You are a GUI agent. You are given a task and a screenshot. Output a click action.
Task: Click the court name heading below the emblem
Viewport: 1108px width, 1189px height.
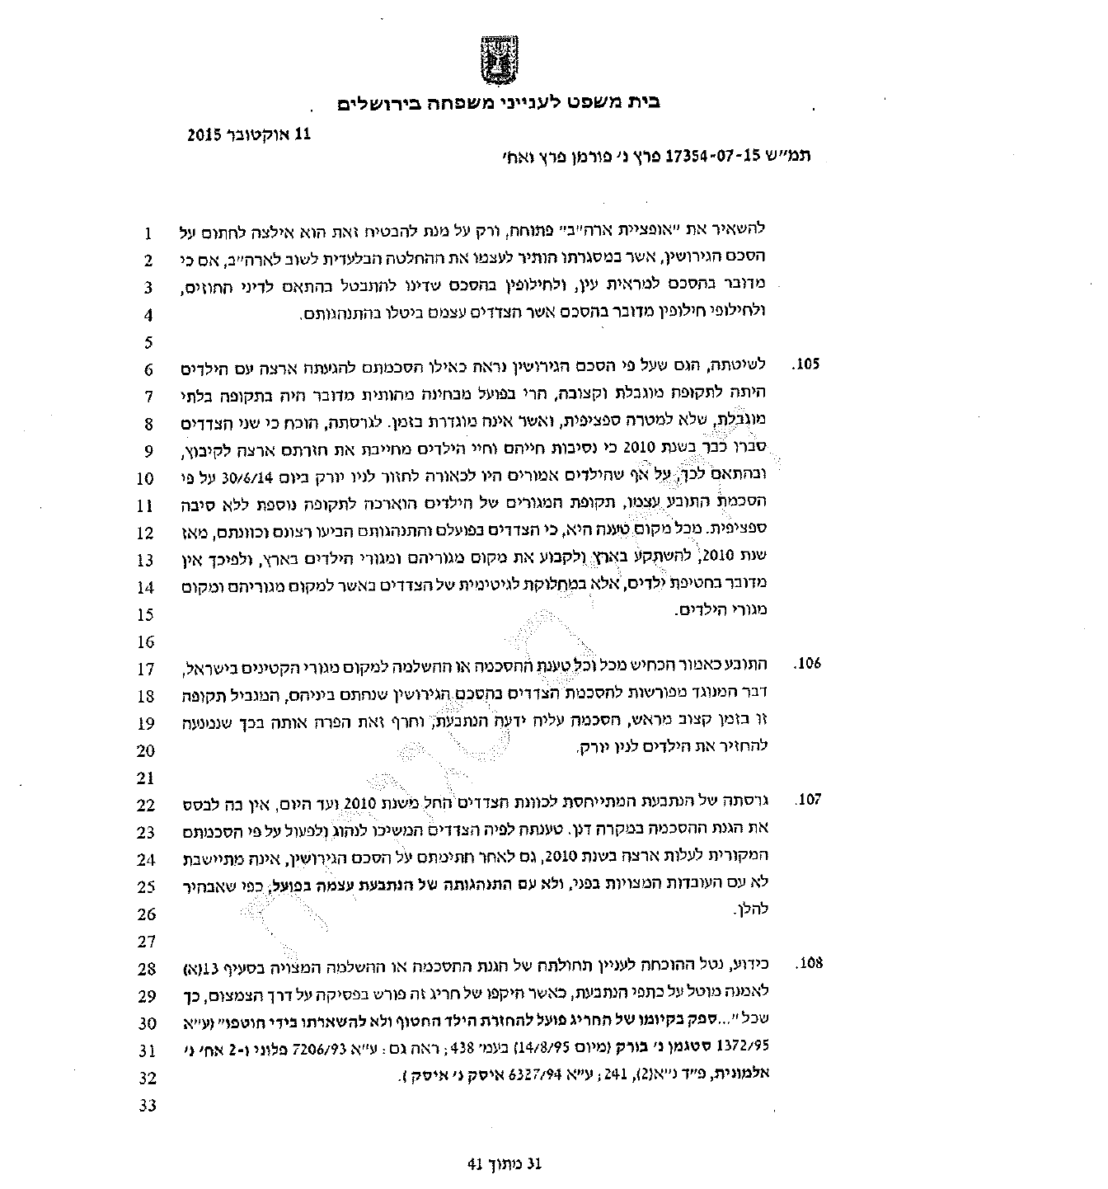[499, 103]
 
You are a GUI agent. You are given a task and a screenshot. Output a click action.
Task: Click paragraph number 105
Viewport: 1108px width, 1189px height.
[809, 364]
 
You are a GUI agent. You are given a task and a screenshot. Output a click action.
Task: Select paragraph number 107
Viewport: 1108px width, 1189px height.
[809, 800]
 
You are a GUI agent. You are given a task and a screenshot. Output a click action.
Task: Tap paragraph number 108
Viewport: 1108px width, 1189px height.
[809, 963]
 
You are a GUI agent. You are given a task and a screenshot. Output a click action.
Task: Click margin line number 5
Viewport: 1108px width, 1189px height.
[148, 342]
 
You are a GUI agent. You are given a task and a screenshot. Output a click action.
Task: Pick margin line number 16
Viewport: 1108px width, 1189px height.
[146, 641]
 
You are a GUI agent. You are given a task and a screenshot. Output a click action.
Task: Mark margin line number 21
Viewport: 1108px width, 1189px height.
[146, 778]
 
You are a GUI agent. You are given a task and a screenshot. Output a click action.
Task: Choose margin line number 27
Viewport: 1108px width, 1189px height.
[146, 941]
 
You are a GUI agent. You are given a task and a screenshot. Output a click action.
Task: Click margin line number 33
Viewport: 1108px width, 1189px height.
[146, 1105]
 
